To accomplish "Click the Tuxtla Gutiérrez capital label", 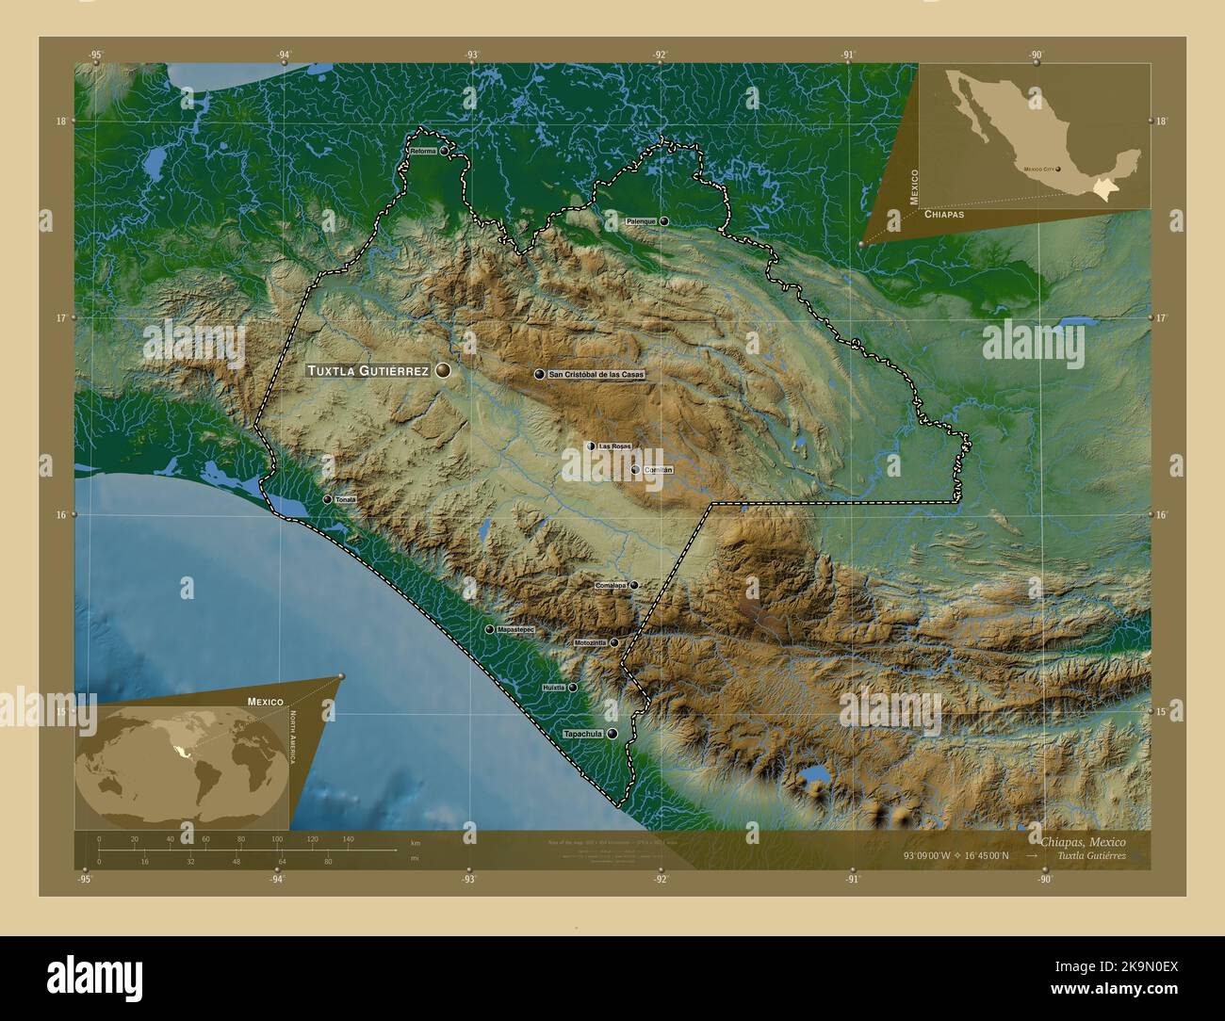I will click(x=367, y=371).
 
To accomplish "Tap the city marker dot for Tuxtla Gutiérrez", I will click(x=443, y=371).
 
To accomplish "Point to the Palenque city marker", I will click(x=664, y=221).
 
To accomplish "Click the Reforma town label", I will click(x=423, y=151).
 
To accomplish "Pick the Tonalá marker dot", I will click(x=327, y=499).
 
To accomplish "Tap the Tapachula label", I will click(x=581, y=734).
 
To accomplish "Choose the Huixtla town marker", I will click(x=572, y=688).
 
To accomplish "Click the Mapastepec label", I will click(x=515, y=629).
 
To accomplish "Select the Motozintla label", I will click(x=590, y=643).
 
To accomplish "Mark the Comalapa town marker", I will click(x=634, y=585).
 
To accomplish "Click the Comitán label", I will click(x=659, y=469).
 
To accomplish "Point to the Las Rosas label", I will click(x=614, y=446).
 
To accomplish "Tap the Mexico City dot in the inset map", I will click(x=1058, y=170).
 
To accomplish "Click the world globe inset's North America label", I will click(x=293, y=737).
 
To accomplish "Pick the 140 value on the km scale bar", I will click(x=348, y=838).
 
